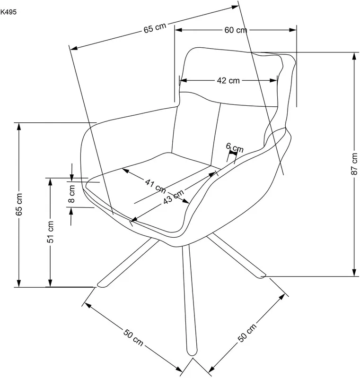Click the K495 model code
point(9,12)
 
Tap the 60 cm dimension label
point(236,30)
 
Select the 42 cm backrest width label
point(228,80)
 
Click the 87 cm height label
point(354,163)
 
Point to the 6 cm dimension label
point(235,147)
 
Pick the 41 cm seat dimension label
point(156,186)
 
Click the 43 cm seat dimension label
point(174,196)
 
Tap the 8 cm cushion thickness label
point(71,194)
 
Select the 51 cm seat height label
point(51,232)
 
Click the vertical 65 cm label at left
point(19,204)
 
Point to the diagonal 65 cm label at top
point(155,28)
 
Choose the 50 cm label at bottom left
point(133,337)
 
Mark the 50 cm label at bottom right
point(247,333)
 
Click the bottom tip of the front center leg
point(193,355)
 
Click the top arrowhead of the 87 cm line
point(354,56)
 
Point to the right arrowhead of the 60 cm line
point(293,30)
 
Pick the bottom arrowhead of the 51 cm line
point(50,283)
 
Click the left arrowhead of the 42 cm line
point(184,80)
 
